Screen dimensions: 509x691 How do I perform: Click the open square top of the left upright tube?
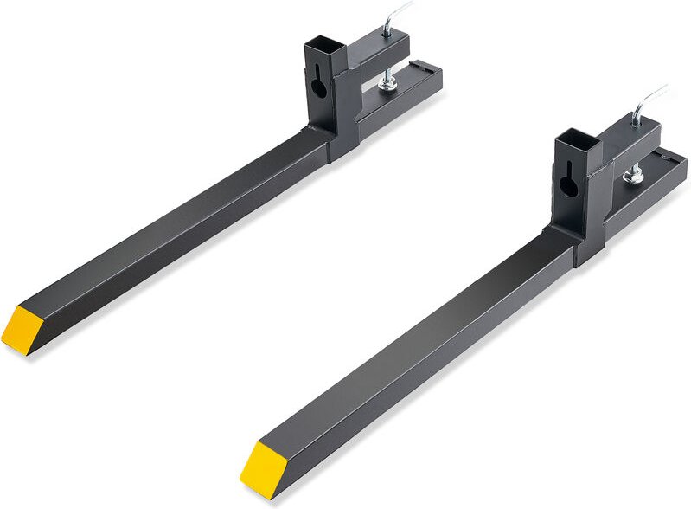click(319, 44)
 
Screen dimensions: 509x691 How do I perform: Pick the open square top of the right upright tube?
click(573, 138)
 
